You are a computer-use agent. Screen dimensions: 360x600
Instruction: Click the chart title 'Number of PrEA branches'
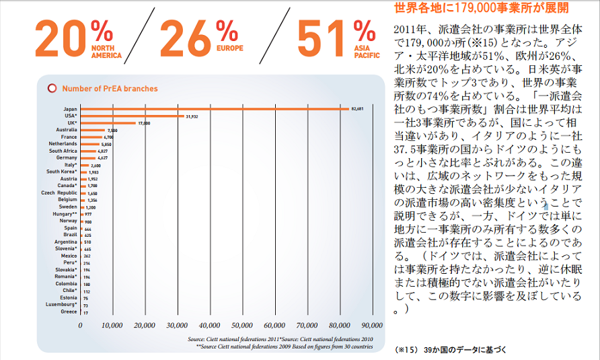(x=110, y=88)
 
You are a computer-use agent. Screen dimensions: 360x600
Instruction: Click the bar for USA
(x=132, y=116)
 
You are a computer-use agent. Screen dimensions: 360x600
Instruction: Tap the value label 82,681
(x=357, y=108)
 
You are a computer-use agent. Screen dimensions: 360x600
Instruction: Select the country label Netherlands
(x=63, y=144)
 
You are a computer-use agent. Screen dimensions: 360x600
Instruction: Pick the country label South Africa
(x=63, y=151)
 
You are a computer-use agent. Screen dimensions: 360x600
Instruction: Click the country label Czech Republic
(x=59, y=193)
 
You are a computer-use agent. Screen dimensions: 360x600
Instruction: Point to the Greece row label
(x=69, y=312)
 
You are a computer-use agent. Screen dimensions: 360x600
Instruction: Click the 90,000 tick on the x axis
(x=372, y=325)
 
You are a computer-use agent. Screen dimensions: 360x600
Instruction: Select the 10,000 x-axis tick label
(x=112, y=325)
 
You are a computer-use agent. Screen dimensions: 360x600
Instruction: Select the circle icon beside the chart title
(x=52, y=88)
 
